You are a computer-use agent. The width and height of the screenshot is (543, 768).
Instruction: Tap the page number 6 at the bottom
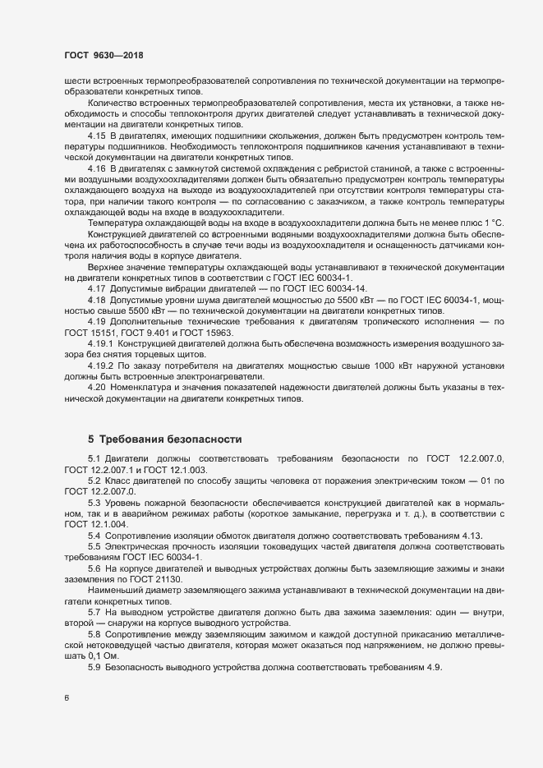(x=67, y=697)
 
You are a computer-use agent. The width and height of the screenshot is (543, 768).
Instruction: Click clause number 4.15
(x=97, y=135)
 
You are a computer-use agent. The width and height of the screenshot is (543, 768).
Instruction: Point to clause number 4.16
(x=97, y=168)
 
